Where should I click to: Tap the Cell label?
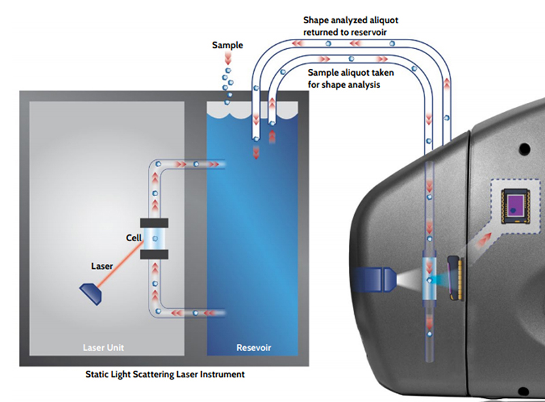(x=134, y=238)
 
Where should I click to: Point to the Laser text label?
(x=102, y=266)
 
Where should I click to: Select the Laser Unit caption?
(x=104, y=347)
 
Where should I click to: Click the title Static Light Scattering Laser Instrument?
(x=166, y=374)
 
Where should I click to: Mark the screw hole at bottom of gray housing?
(x=523, y=391)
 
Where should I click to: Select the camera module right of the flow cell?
(x=453, y=279)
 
